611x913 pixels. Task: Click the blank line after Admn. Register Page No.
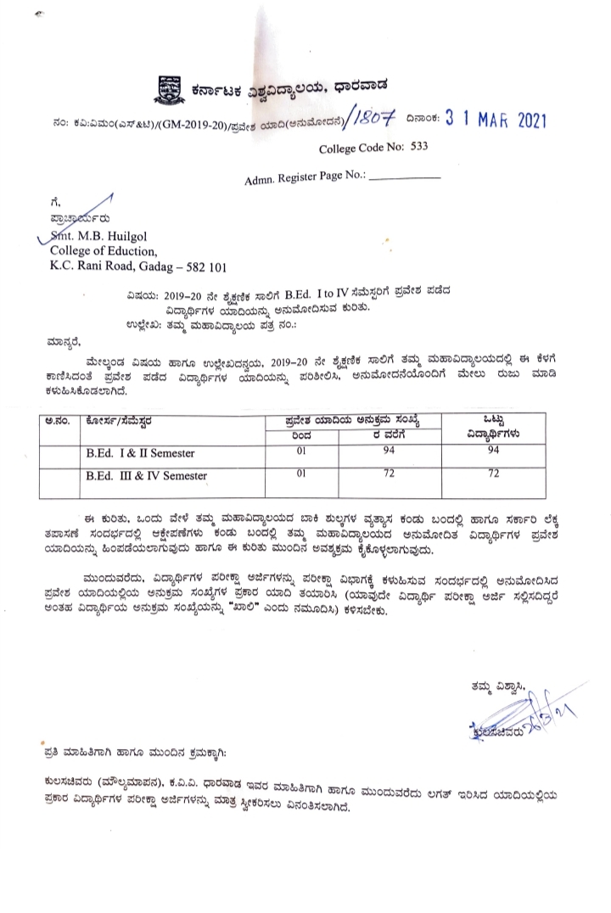pos(406,180)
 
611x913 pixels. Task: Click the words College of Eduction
pos(104,251)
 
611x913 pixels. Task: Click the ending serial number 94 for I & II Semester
pos(390,450)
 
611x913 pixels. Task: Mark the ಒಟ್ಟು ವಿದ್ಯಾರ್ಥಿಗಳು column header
pos(496,426)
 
